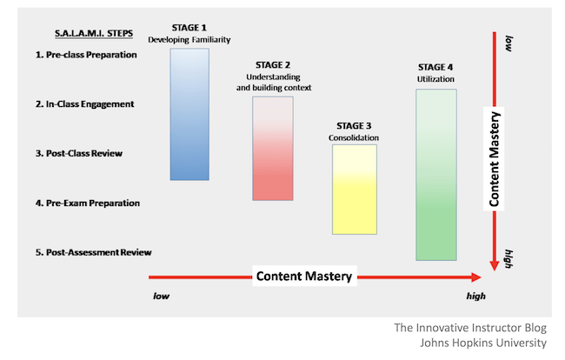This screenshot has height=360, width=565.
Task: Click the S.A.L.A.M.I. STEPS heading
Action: point(94,34)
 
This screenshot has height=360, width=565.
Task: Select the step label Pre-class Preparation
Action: point(86,55)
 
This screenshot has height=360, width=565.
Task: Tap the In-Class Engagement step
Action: point(84,104)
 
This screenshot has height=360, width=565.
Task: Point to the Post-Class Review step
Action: point(79,154)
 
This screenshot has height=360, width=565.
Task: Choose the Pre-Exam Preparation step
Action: point(88,203)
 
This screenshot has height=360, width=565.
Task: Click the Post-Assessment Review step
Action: point(93,252)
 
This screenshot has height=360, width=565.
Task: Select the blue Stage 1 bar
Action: point(189,114)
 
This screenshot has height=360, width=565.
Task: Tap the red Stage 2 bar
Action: point(273,149)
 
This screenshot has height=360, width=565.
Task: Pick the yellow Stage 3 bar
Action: point(355,190)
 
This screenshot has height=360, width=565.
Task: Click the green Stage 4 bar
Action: point(436,175)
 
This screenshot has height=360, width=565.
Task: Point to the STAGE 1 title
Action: point(189,28)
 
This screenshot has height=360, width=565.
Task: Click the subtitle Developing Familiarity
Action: point(189,40)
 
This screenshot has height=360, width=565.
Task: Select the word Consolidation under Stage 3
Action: point(354,137)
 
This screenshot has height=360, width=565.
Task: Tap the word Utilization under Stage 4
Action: point(435,79)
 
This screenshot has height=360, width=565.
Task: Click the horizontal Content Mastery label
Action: point(304,276)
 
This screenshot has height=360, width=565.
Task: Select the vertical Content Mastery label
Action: point(494,159)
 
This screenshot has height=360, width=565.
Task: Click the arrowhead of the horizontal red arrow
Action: point(476,277)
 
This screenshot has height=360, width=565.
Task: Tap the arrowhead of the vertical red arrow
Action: point(495,265)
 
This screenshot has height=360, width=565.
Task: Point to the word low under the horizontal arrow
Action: point(161,296)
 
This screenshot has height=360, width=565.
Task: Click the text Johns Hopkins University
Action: point(483,343)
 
